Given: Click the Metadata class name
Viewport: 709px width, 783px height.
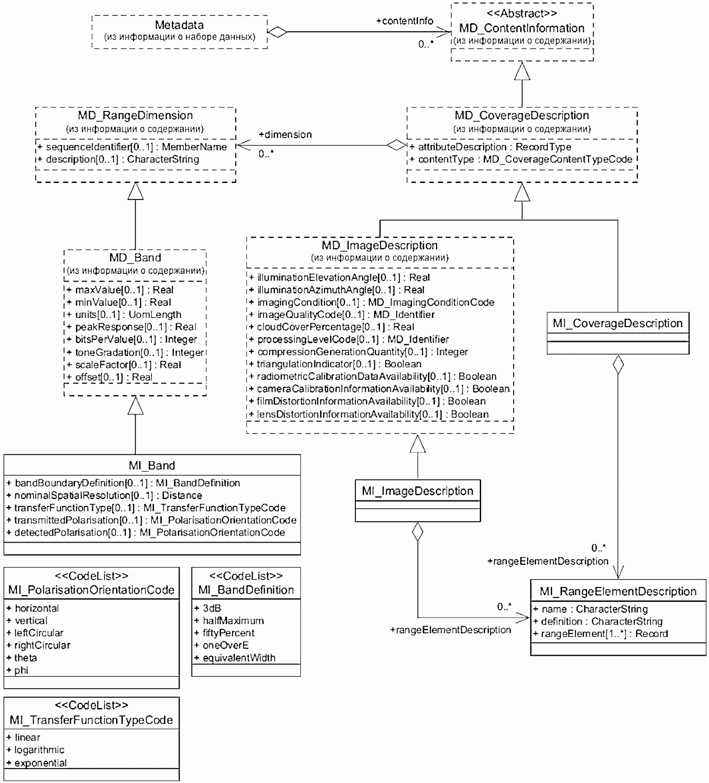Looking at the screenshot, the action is pos(179,25).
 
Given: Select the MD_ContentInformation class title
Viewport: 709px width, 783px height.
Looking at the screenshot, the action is pos(522,28).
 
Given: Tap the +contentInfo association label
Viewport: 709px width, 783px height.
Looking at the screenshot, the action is pos(405,21).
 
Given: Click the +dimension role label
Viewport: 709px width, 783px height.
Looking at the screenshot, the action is pos(285,135).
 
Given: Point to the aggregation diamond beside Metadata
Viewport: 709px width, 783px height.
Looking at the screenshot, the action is pos(278,32).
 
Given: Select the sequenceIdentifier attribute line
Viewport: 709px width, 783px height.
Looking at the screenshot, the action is pos(133,147).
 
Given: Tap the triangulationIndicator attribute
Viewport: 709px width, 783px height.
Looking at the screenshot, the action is pos(335,364).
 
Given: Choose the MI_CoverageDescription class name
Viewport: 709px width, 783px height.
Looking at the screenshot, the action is pos(618,323).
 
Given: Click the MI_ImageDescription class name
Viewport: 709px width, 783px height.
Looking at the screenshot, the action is pos(418,491).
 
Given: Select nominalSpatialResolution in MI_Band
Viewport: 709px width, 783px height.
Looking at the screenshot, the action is pos(105,495).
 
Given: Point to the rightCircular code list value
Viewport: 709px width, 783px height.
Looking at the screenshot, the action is pos(39,645).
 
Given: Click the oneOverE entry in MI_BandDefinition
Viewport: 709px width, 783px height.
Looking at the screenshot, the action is pos(222,645).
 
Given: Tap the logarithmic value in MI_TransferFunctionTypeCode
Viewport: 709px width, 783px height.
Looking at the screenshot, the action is pos(36,749).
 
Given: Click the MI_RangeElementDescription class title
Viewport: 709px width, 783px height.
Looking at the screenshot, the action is pos(618,591).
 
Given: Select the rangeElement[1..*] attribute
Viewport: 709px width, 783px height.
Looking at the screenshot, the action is pos(601,634).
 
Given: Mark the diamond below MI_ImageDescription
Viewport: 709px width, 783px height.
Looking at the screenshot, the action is pos(418,531).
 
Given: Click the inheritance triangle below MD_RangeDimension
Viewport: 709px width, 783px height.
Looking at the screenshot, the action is pos(135,191).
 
